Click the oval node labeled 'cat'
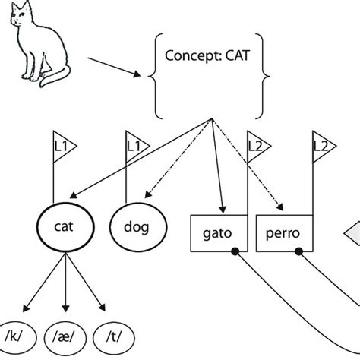click(65, 226)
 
